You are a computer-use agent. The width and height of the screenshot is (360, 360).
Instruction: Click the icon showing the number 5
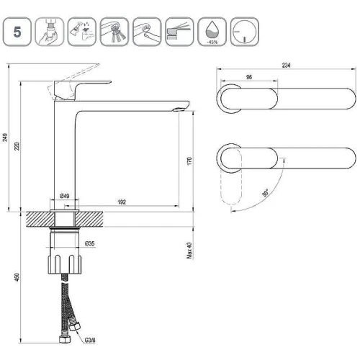click(17, 32)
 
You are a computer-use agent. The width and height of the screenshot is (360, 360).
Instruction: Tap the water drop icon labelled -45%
click(212, 32)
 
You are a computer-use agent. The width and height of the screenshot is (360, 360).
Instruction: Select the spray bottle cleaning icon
click(82, 32)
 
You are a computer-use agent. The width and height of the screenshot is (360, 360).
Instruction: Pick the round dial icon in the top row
click(245, 32)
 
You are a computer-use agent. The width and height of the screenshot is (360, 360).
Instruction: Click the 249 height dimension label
click(5, 138)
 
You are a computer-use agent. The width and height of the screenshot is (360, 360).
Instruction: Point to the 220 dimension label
click(17, 146)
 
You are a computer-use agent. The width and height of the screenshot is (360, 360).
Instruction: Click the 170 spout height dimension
click(189, 161)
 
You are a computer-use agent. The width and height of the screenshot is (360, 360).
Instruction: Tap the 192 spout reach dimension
click(122, 202)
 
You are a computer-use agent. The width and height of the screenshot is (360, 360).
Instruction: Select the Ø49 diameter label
click(65, 196)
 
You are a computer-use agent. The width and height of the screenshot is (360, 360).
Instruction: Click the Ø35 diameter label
click(90, 243)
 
